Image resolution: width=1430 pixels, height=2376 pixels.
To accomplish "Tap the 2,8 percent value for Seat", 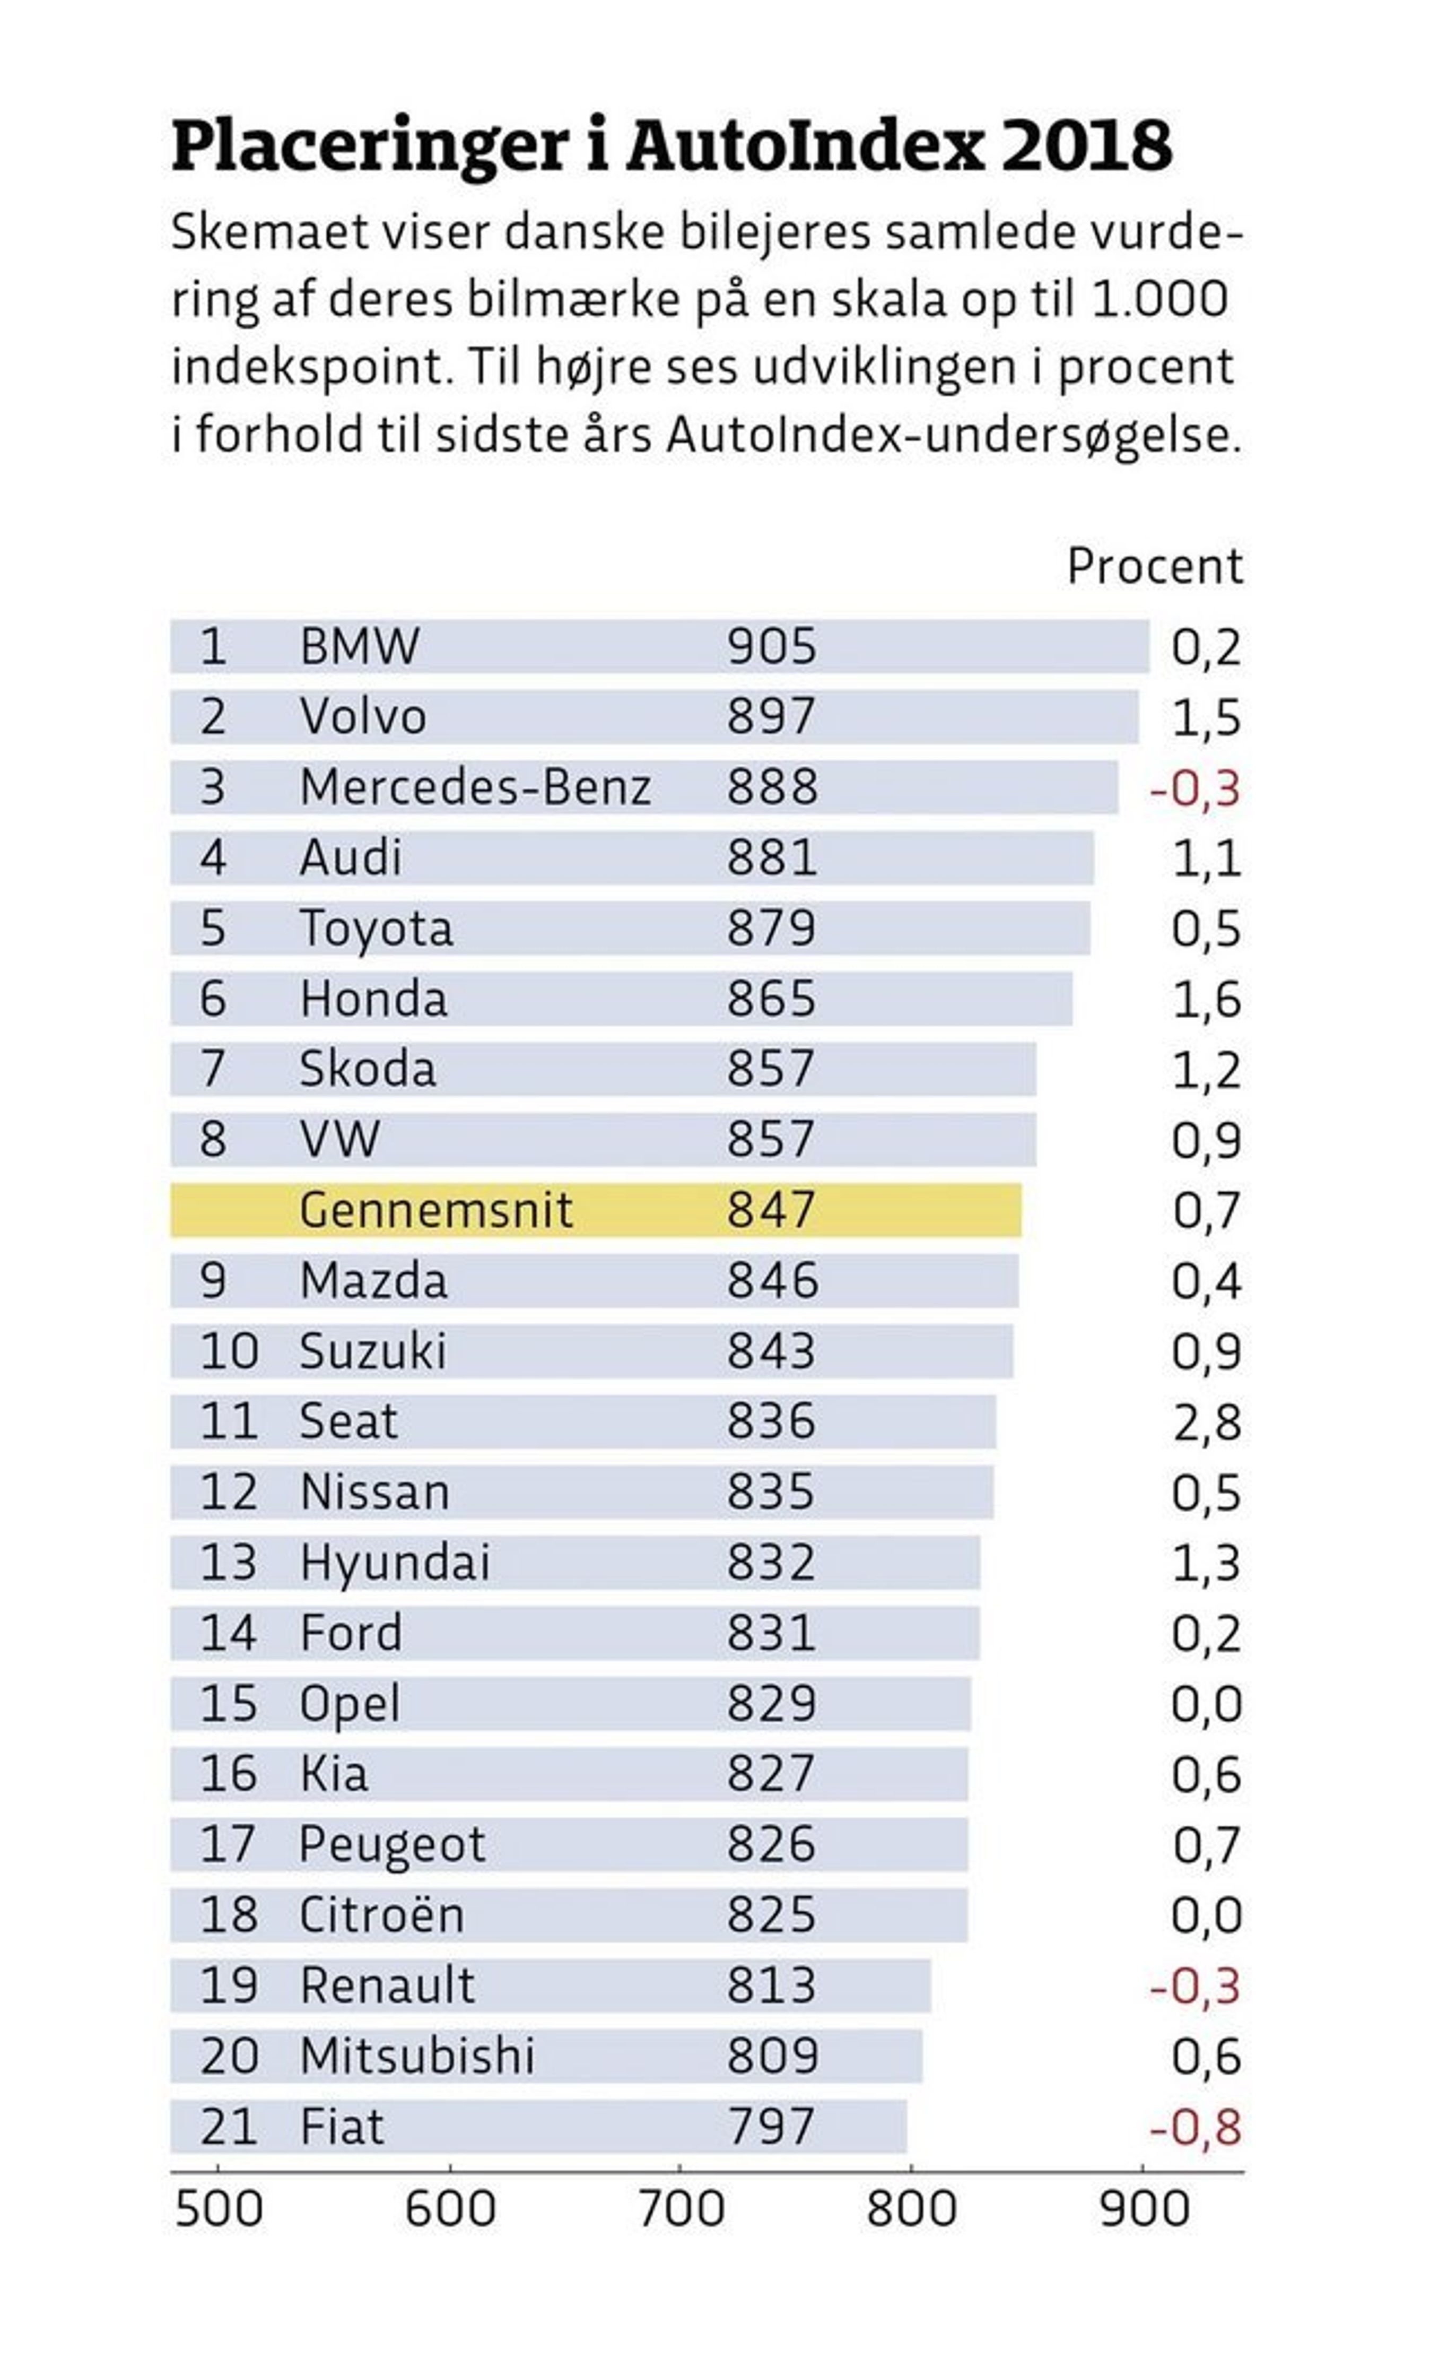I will pyautogui.click(x=1207, y=1423).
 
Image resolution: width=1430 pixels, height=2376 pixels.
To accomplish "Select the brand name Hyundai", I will pyautogui.click(x=395, y=1564).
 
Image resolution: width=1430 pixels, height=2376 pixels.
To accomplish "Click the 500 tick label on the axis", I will pyautogui.click(x=219, y=2209).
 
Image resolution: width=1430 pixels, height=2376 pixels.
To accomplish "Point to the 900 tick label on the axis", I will pyautogui.click(x=1144, y=2209).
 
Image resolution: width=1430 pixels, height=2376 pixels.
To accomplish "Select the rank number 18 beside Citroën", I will pyautogui.click(x=229, y=1915).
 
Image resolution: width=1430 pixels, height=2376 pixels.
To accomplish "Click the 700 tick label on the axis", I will pyautogui.click(x=681, y=2209).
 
